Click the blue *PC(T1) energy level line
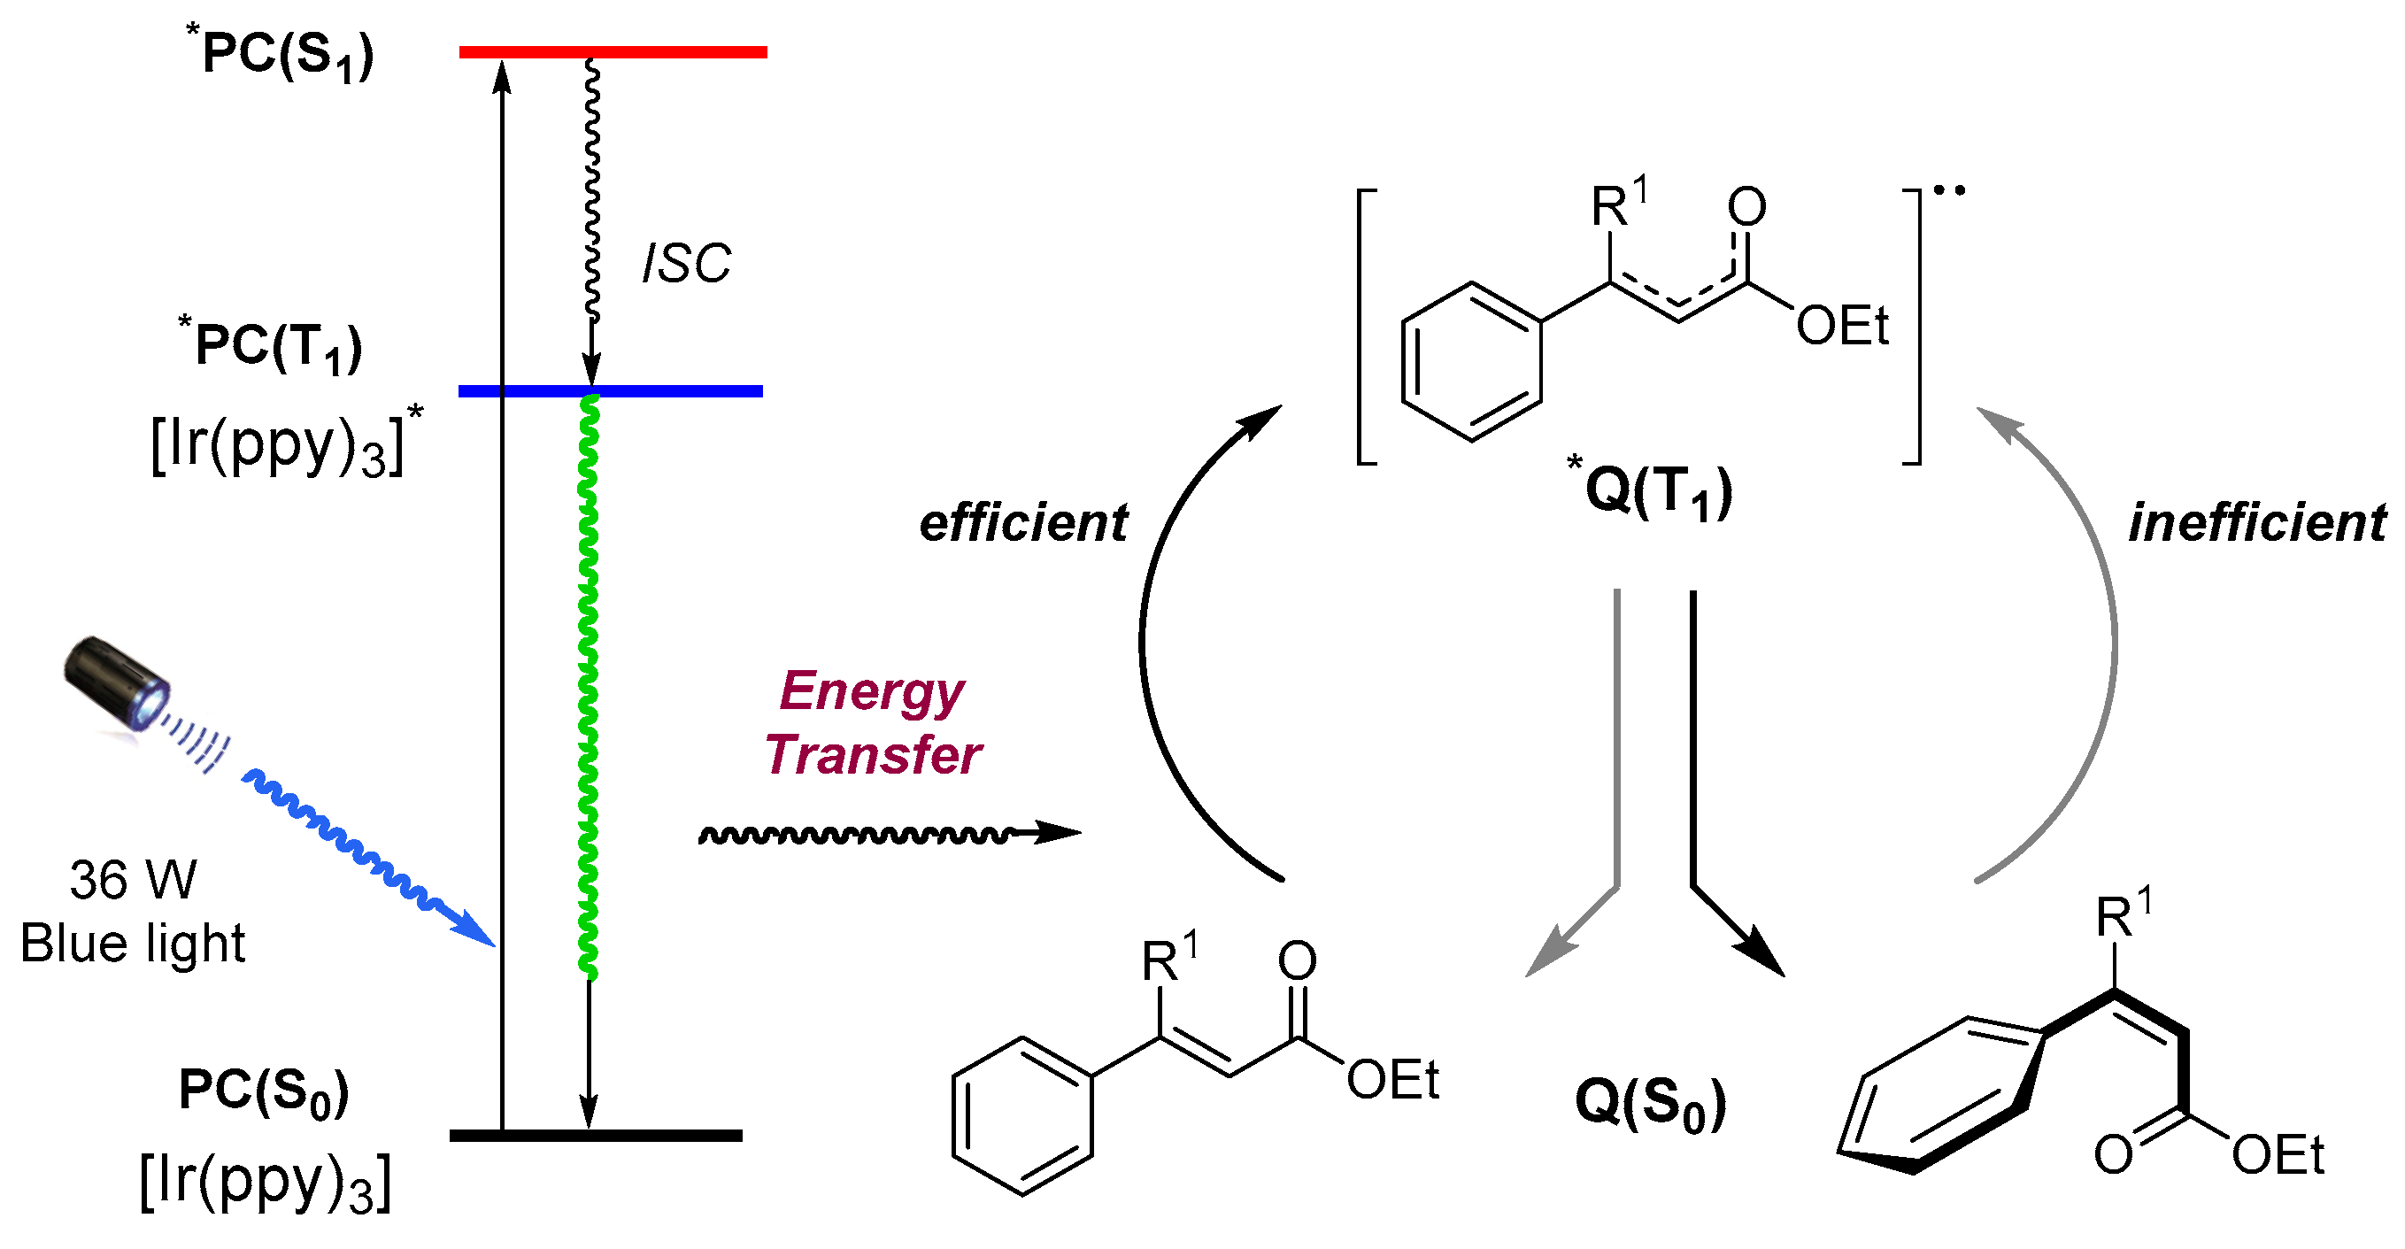point(672,391)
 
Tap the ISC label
point(686,264)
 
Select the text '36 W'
point(133,879)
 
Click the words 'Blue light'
point(133,943)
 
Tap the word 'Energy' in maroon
point(871,691)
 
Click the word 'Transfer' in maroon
point(873,754)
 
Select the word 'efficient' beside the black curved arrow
point(1023,523)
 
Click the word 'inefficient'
point(2256,523)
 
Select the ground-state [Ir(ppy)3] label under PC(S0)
point(266,1183)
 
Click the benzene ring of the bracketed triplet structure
point(1471,361)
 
